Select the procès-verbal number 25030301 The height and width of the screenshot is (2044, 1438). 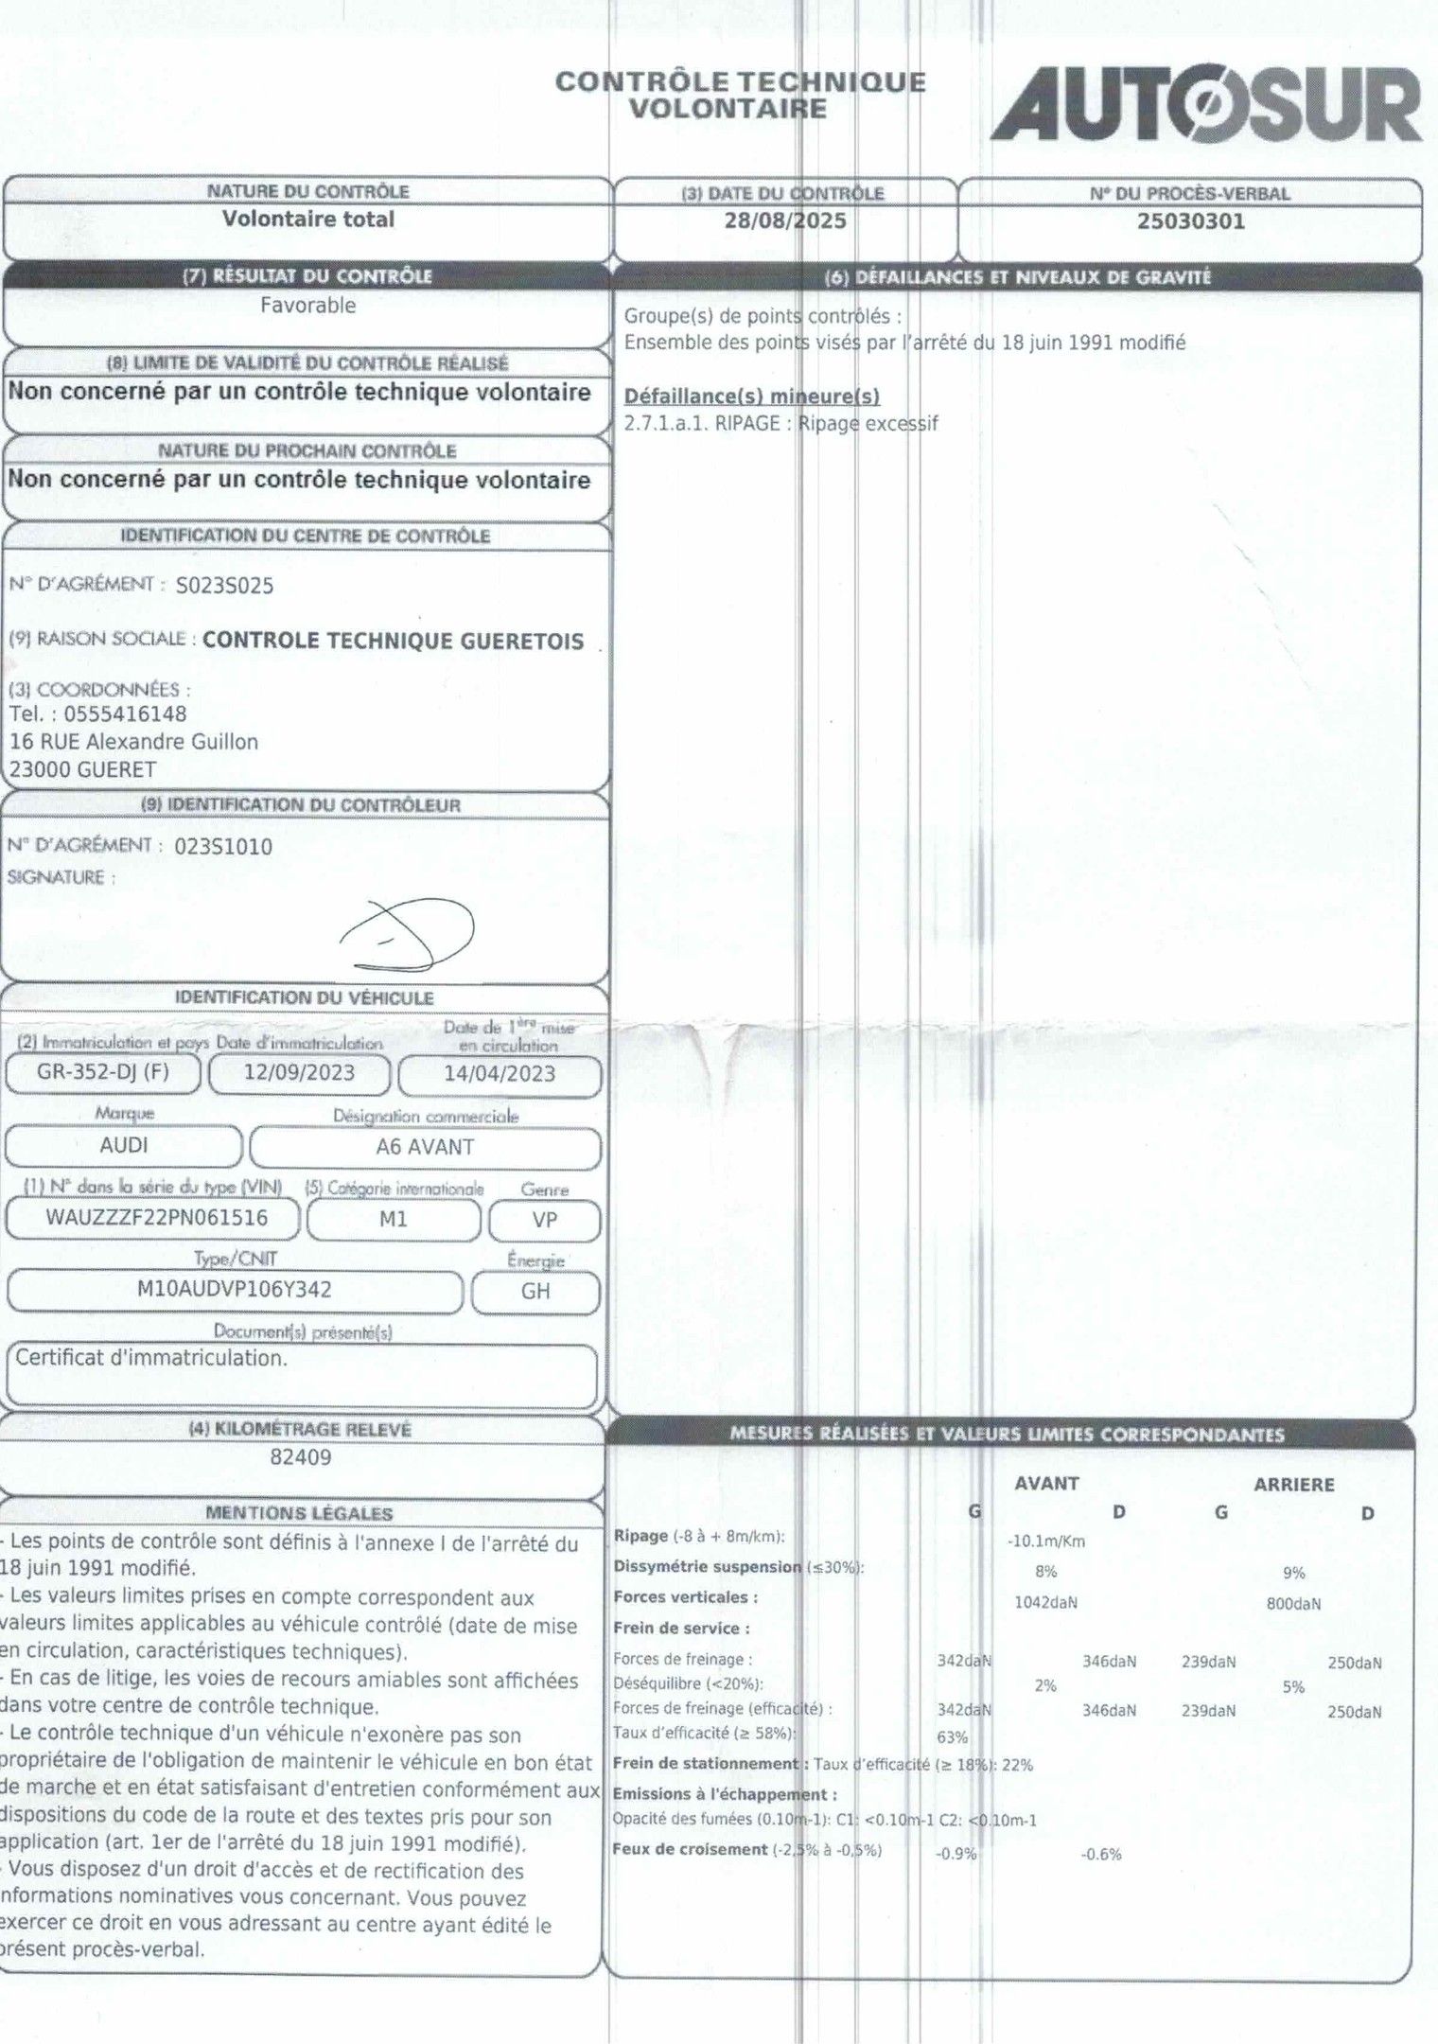[x=1190, y=221]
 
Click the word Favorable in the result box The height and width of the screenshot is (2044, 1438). [x=307, y=306]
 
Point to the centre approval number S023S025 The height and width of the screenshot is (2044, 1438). [x=225, y=586]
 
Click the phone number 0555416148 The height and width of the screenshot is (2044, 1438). [x=125, y=714]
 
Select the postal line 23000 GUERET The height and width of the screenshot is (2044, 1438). [x=83, y=769]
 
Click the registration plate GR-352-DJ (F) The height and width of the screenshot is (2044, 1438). [x=103, y=1072]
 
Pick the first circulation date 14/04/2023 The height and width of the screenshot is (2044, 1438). [x=500, y=1074]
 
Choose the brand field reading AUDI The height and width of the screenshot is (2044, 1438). [x=124, y=1145]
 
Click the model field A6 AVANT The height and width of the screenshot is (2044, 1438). [x=425, y=1147]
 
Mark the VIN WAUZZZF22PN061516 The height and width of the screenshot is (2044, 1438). [x=157, y=1218]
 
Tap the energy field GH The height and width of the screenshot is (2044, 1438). [x=535, y=1291]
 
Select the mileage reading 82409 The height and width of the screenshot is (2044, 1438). [x=301, y=1457]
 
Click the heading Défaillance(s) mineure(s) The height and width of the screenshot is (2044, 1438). [x=752, y=396]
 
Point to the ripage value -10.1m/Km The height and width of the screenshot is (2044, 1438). [x=1046, y=1542]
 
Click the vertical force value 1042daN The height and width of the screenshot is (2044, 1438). [x=1045, y=1602]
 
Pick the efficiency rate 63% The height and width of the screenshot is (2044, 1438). [x=952, y=1737]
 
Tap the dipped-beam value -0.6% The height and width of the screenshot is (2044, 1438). [x=1101, y=1855]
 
